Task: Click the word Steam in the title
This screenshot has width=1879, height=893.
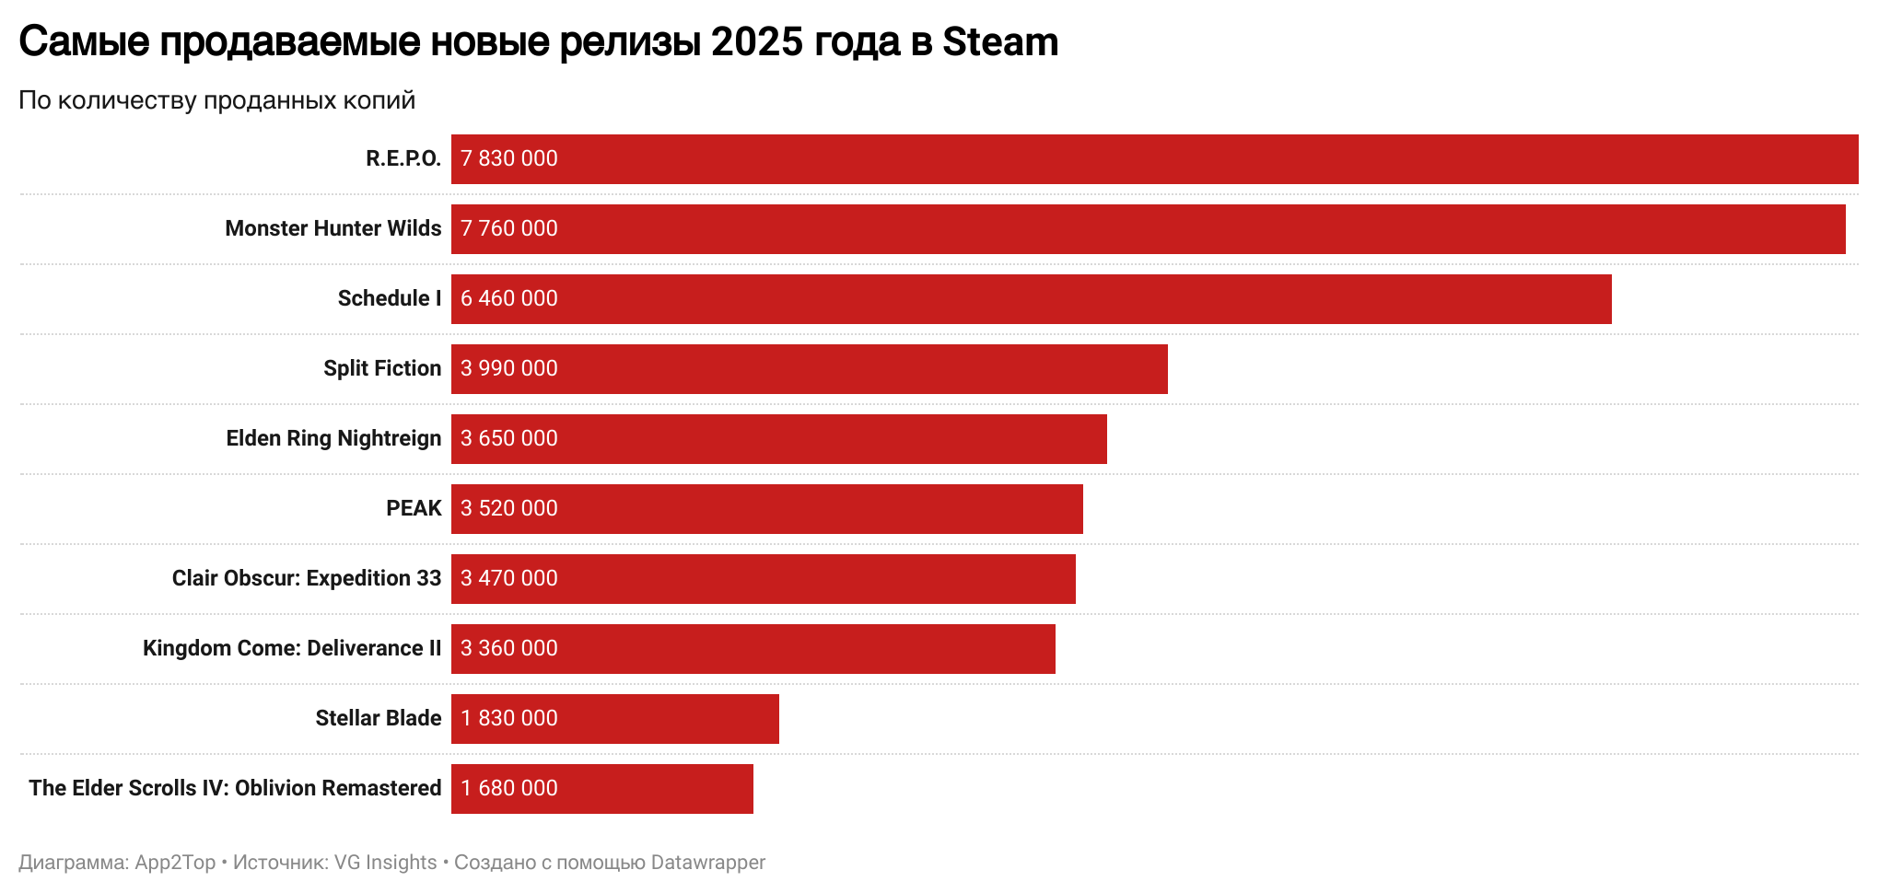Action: tap(1000, 42)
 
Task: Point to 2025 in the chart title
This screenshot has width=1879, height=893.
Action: tap(758, 42)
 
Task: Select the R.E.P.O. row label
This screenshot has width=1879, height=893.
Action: tap(403, 158)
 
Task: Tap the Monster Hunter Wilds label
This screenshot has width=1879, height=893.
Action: tap(333, 228)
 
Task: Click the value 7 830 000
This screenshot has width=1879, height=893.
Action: tap(509, 158)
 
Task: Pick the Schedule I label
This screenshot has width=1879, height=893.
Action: tap(390, 298)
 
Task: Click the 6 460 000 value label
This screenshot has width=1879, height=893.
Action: tap(509, 298)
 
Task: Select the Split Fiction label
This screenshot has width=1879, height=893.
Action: tap(382, 368)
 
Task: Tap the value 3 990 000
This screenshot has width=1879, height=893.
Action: tap(509, 368)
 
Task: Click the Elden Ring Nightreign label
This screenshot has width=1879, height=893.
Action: tap(333, 438)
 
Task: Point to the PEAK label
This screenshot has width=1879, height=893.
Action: tap(414, 508)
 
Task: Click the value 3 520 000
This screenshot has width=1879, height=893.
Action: tap(509, 508)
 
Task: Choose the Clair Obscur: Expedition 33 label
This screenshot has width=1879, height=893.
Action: tap(307, 578)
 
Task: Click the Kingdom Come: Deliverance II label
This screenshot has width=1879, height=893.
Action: tap(292, 648)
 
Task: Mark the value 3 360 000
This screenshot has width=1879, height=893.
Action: tap(509, 648)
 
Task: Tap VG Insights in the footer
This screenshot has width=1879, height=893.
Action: tap(385, 863)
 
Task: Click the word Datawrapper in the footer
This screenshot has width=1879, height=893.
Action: tap(707, 863)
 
